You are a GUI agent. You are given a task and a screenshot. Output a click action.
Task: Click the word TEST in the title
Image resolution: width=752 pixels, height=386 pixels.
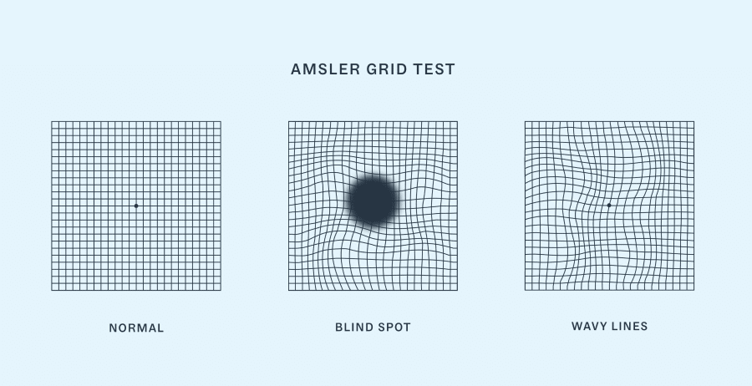(x=435, y=69)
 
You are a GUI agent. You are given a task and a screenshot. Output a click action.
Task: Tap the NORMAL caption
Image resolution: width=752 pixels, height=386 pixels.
(x=136, y=328)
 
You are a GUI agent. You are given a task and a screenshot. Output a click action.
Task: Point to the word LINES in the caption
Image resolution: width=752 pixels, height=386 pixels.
(x=631, y=326)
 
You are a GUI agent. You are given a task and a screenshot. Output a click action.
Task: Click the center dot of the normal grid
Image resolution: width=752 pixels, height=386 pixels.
(x=136, y=206)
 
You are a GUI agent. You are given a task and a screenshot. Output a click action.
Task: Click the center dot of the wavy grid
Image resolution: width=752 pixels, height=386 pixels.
(x=609, y=205)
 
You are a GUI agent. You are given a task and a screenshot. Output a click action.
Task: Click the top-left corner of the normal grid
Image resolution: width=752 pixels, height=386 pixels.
(x=52, y=122)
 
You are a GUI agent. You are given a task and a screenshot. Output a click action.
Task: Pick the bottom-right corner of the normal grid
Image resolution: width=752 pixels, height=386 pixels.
(x=221, y=290)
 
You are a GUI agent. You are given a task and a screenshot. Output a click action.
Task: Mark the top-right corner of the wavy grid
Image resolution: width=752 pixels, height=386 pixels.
(x=694, y=122)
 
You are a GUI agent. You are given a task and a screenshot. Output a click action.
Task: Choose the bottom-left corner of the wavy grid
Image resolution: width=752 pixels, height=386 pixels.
(x=525, y=290)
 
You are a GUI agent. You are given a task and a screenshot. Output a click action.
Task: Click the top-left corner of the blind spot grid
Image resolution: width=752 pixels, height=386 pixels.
(x=289, y=122)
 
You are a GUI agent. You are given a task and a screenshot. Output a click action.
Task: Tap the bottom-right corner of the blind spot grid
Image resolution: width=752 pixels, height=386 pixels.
(x=458, y=290)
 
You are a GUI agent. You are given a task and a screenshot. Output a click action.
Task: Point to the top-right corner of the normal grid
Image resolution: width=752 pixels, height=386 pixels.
(x=221, y=122)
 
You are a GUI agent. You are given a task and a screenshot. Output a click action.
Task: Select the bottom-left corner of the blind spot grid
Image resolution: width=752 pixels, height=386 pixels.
(x=289, y=290)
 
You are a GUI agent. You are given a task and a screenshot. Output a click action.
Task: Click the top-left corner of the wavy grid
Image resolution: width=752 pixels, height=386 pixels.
(x=525, y=122)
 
